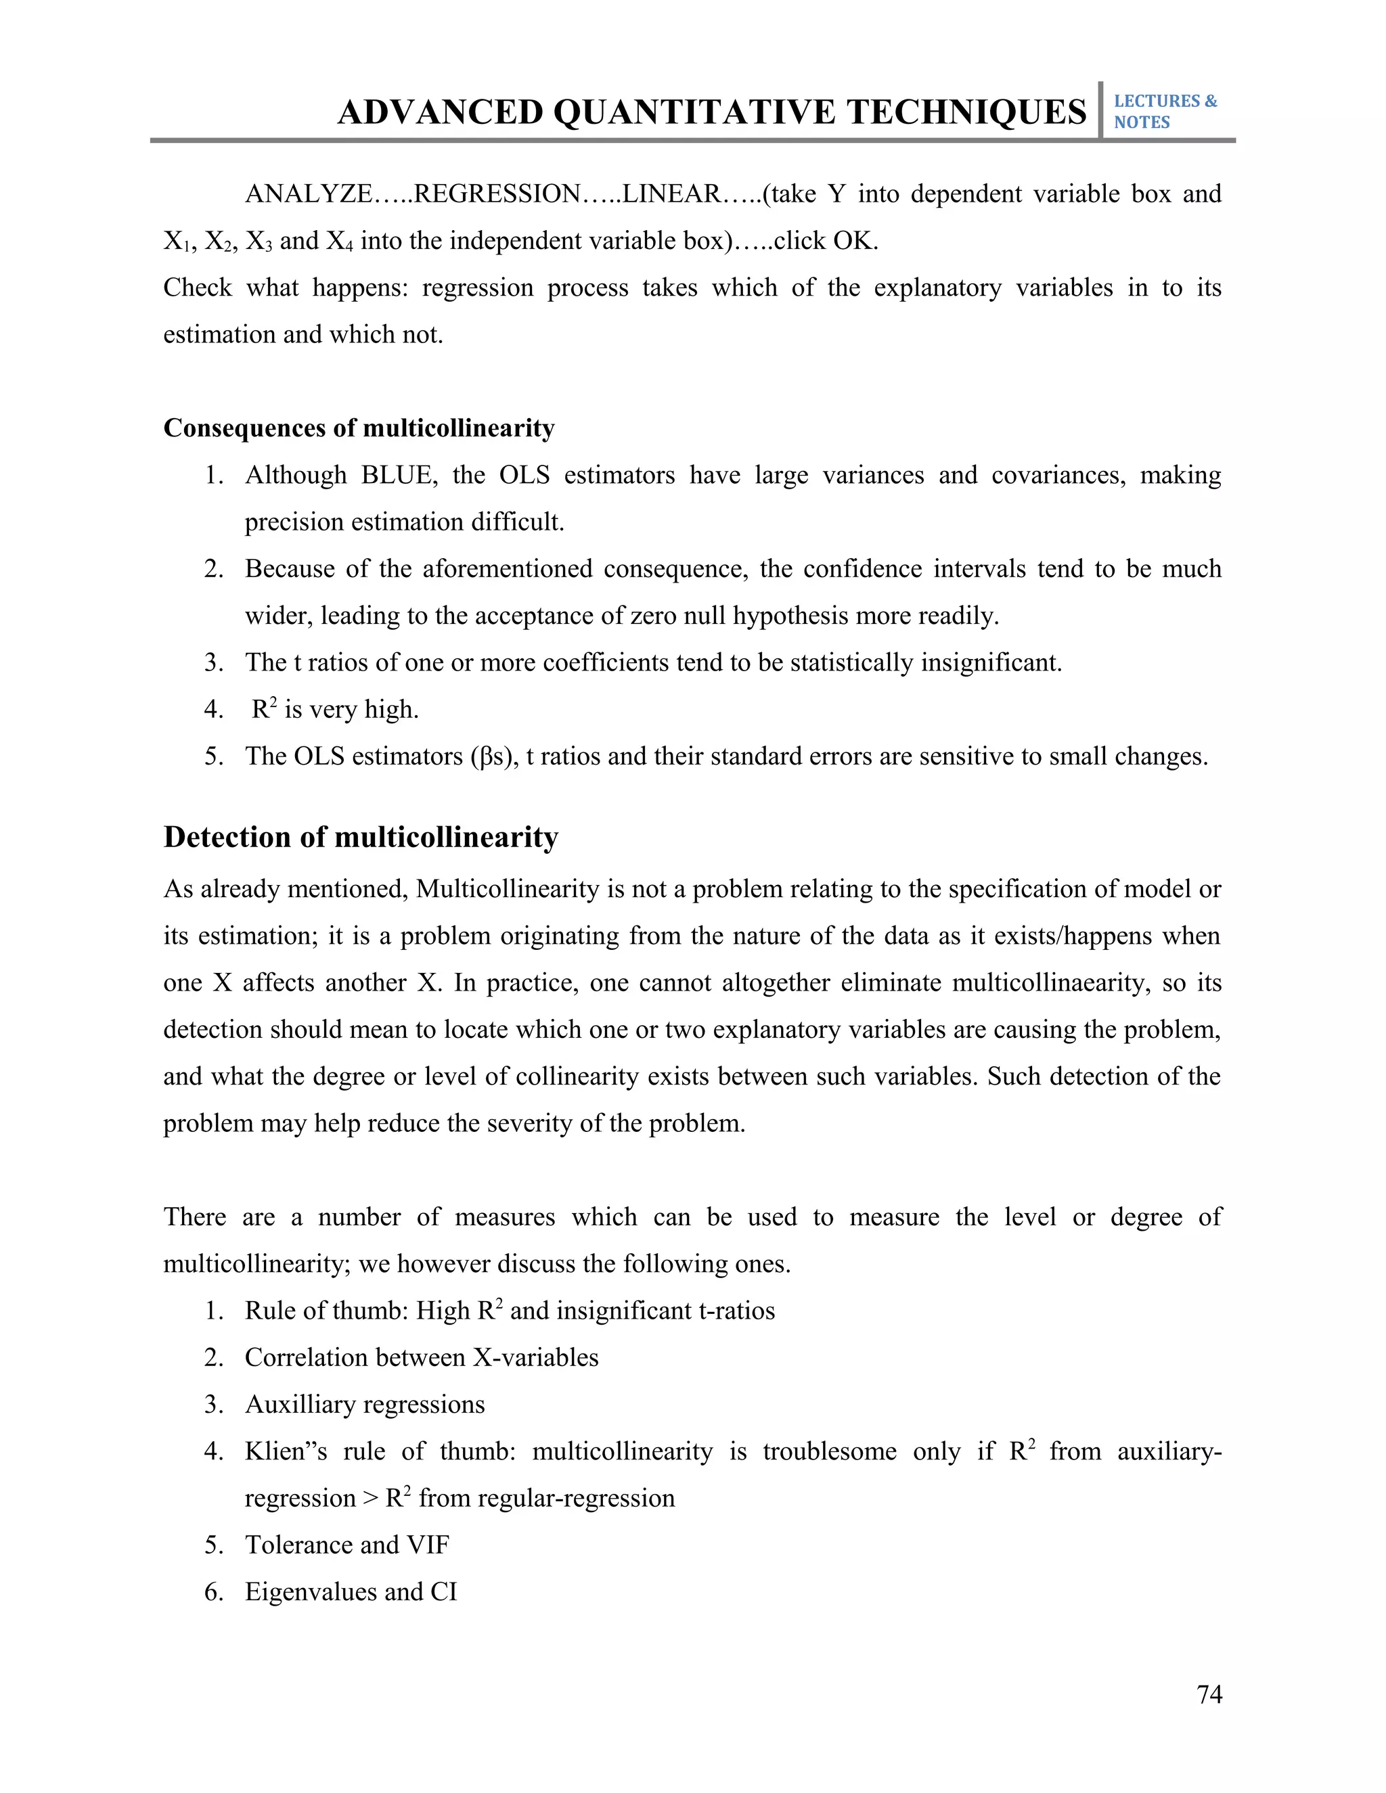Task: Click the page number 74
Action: point(1209,1694)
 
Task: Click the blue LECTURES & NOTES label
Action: point(1164,112)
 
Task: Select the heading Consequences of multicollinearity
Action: point(359,428)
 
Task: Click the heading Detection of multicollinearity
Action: point(361,838)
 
